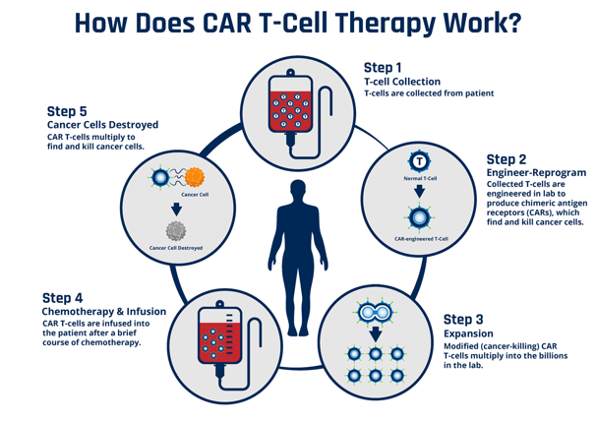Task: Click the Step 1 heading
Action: [x=386, y=67]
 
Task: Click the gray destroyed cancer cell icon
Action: [x=176, y=232]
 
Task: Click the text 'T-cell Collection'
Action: [x=402, y=82]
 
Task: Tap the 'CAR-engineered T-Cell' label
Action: [x=420, y=238]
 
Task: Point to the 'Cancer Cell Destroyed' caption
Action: [x=176, y=248]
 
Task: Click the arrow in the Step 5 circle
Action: [x=176, y=209]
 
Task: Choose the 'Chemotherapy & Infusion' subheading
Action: [x=103, y=311]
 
